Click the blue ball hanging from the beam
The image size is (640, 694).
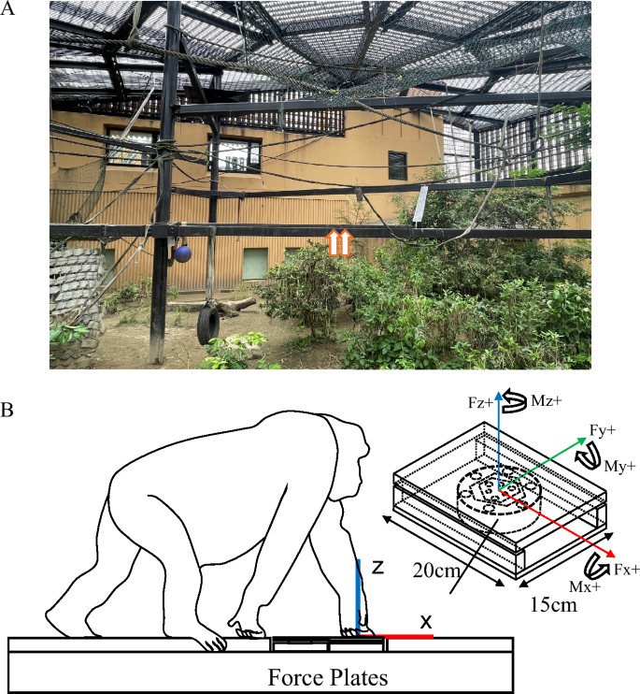click(182, 254)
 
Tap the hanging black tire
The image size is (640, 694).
click(208, 322)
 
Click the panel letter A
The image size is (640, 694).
click(7, 8)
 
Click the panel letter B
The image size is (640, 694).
click(7, 410)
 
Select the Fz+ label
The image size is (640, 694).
click(480, 403)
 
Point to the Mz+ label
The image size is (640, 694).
click(547, 401)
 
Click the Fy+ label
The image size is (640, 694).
click(603, 429)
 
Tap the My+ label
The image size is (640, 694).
click(620, 466)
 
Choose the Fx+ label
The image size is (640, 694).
click(627, 570)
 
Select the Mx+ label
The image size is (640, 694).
click(585, 586)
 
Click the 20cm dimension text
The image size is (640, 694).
click(436, 571)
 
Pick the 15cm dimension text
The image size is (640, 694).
click(553, 604)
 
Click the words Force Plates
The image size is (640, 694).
click(328, 677)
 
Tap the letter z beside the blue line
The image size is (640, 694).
click(377, 567)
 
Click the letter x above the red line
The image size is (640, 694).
click(426, 622)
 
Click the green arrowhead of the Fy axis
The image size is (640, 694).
click(582, 441)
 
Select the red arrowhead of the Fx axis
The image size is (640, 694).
click(610, 554)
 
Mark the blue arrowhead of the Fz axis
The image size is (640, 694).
click(499, 395)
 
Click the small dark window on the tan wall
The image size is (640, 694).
click(397, 166)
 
